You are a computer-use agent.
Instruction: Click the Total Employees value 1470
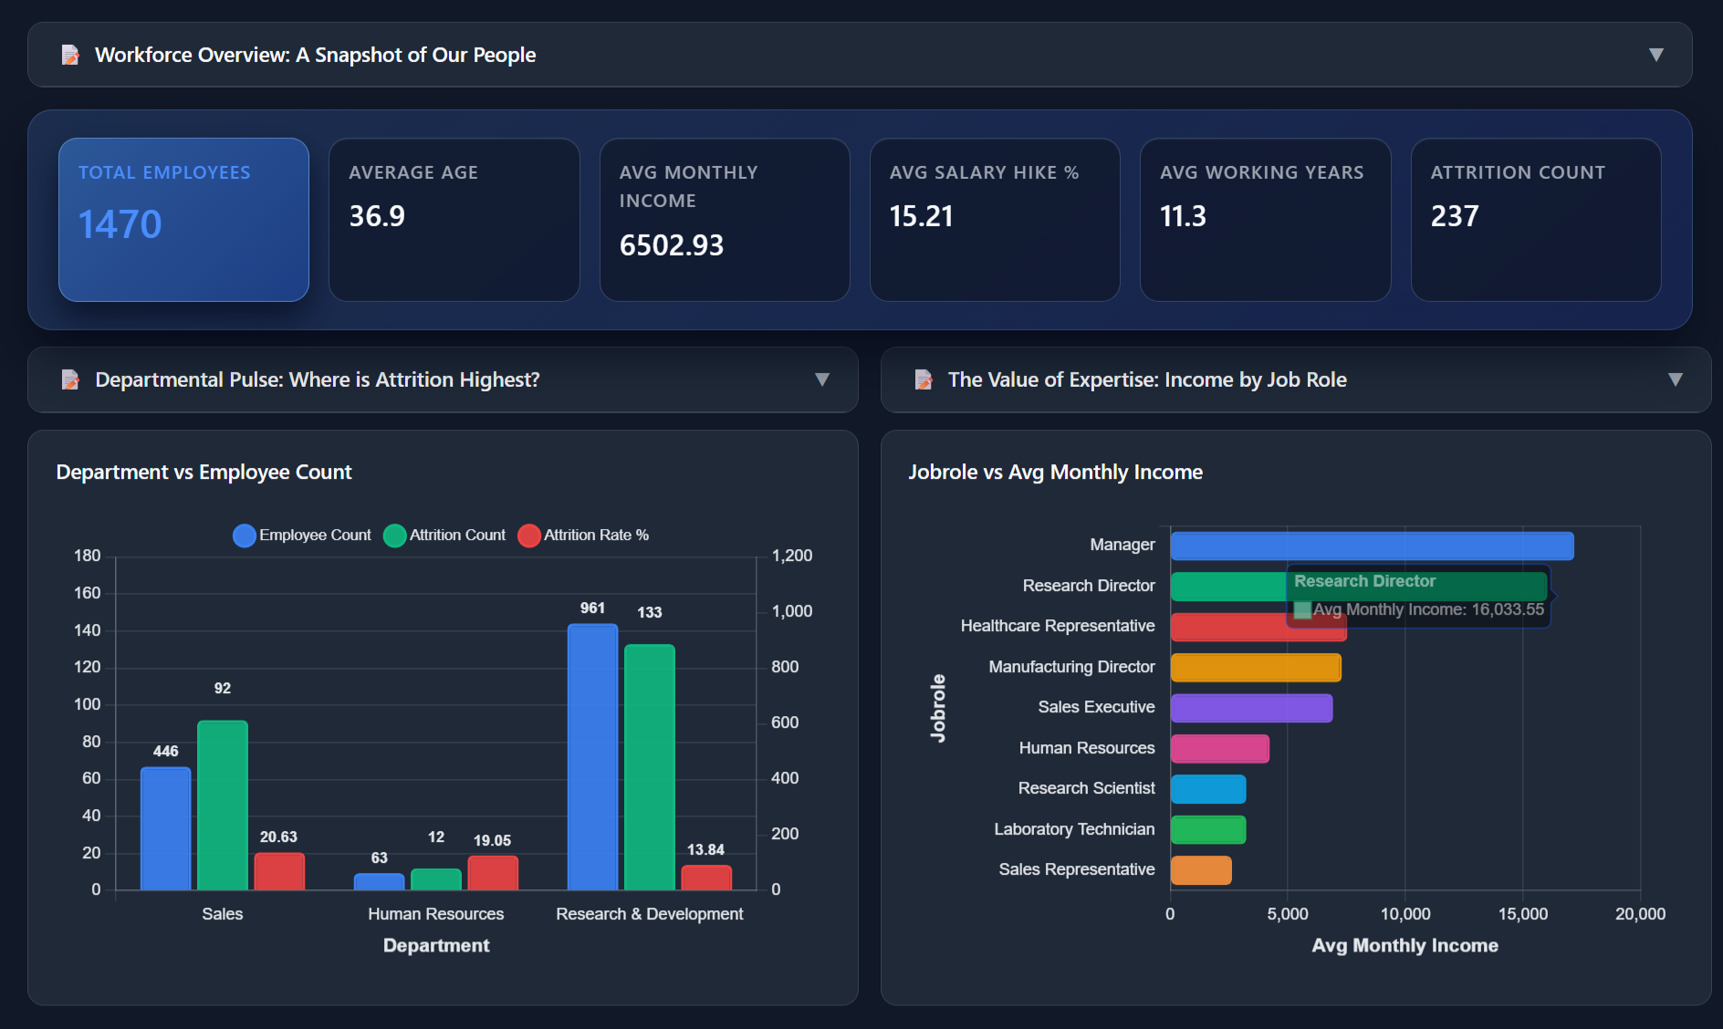tap(120, 224)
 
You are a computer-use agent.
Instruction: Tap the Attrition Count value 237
tap(1454, 216)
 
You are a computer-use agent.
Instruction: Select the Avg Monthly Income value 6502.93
tap(671, 245)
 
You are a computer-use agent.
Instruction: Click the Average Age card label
tap(412, 172)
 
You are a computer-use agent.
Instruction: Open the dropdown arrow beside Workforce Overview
tap(1655, 55)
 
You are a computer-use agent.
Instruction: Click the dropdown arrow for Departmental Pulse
tap(821, 379)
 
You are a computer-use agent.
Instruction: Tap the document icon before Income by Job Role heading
tap(923, 379)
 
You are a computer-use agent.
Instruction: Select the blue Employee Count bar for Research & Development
tap(592, 757)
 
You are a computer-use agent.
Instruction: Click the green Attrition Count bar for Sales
tap(223, 805)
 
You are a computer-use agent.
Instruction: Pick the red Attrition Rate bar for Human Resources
tap(493, 873)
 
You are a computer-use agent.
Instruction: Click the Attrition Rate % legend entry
tap(584, 535)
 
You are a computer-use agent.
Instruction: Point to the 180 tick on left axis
tap(88, 556)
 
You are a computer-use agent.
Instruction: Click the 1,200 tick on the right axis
tap(791, 556)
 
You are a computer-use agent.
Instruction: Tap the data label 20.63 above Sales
tap(278, 837)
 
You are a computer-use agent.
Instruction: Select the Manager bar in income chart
tap(1372, 546)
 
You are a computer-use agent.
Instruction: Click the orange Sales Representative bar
tap(1201, 870)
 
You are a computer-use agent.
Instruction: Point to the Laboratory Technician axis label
tap(1073, 829)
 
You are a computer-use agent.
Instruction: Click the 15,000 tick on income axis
tap(1522, 914)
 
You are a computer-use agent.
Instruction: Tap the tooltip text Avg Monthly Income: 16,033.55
tap(1427, 609)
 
